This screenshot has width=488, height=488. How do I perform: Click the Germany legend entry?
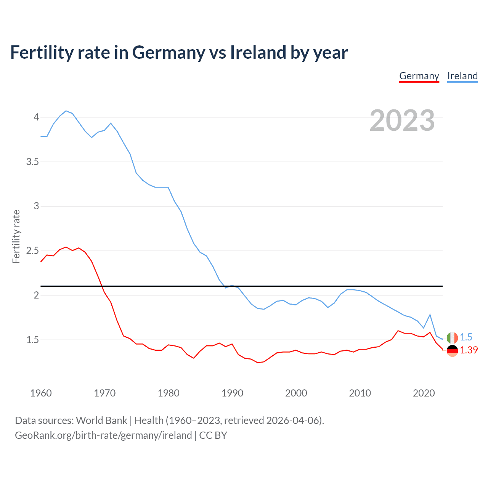click(419, 76)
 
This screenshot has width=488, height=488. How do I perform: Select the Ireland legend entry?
click(462, 76)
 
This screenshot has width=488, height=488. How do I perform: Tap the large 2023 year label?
click(402, 120)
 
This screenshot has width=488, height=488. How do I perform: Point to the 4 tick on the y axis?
click(36, 117)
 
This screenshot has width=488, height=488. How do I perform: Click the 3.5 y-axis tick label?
click(33, 162)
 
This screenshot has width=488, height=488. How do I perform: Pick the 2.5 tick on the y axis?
click(33, 251)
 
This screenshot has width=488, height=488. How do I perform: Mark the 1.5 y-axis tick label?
click(33, 340)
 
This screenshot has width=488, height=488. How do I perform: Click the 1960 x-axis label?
click(41, 393)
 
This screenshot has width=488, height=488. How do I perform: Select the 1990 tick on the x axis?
click(232, 393)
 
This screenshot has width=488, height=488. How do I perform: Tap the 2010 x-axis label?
click(360, 393)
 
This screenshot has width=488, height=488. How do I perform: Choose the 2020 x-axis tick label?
click(424, 393)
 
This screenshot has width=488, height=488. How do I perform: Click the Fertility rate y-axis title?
click(16, 236)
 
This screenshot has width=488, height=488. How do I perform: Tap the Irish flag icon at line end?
click(452, 338)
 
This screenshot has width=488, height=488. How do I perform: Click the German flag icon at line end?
click(452, 350)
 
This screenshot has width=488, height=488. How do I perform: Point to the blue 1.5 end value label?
click(466, 337)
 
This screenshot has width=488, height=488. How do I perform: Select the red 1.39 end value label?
click(469, 350)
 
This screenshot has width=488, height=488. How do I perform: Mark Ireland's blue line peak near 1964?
click(66, 111)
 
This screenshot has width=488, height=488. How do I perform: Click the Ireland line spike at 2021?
click(430, 315)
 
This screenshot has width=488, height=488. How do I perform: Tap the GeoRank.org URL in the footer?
click(103, 435)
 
